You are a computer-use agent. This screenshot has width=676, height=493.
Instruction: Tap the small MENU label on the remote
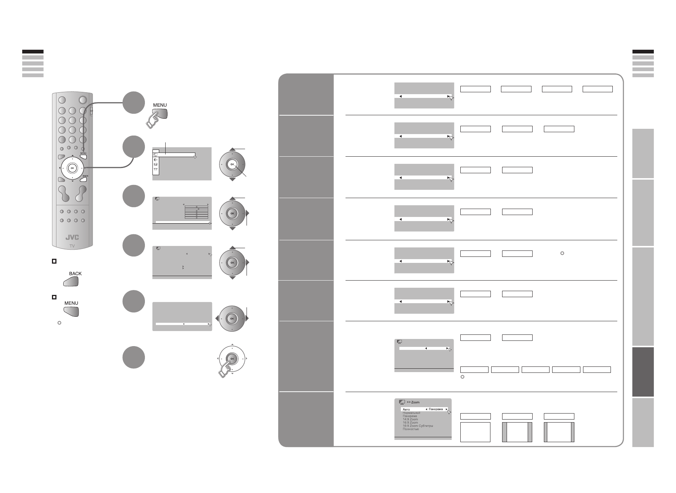[x=83, y=153]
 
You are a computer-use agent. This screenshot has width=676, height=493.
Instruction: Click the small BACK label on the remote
[x=85, y=176]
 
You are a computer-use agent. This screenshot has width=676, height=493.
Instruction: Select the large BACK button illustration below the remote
[x=72, y=282]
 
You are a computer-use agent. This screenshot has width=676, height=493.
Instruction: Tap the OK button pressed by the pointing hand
[x=232, y=359]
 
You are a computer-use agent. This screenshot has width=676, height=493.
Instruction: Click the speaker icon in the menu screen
[x=155, y=159]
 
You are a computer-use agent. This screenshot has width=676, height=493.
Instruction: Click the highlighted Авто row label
[x=406, y=409]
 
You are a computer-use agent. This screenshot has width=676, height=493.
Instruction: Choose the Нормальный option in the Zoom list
[x=411, y=413]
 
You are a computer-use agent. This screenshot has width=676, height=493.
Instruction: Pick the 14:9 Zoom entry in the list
[x=410, y=419]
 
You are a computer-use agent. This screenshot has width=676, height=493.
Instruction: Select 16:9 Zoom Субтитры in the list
[x=418, y=426]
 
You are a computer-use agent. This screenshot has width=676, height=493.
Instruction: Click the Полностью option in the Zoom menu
[x=411, y=429]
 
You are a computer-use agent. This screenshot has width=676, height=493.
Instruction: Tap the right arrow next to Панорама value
[x=446, y=409]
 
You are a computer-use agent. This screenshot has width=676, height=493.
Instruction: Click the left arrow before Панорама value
[x=426, y=409]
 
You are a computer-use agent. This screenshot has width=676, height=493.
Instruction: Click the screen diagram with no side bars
[x=475, y=432]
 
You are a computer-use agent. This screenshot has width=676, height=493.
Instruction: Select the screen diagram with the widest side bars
[x=517, y=432]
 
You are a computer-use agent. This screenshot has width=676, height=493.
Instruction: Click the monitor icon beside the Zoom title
[x=402, y=402]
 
